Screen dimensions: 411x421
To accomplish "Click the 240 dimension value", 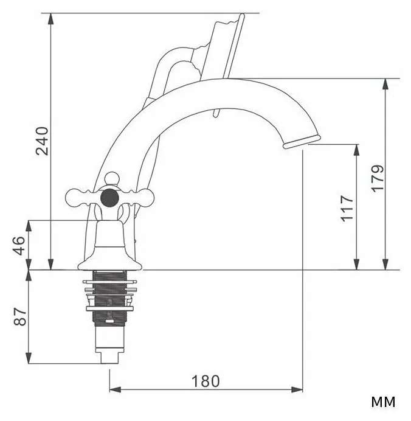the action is (x=42, y=141).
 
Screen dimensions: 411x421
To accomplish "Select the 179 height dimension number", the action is (x=378, y=178).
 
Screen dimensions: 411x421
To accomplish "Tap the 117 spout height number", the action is (x=347, y=209).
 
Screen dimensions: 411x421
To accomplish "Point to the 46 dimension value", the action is (x=19, y=246).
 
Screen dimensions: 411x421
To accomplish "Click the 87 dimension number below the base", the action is (x=20, y=316).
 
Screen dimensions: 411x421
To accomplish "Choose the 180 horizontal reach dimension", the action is (x=206, y=381).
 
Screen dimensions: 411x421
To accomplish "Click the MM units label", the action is (x=383, y=402).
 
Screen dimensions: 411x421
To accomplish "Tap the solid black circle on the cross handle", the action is (x=109, y=198).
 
